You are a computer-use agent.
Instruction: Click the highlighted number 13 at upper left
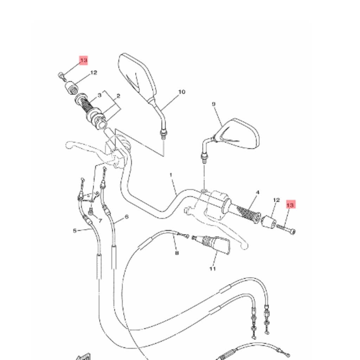pyautogui.click(x=83, y=61)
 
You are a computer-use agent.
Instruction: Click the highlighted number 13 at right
pyautogui.click(x=290, y=205)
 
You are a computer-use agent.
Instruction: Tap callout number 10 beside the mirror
pyautogui.click(x=181, y=92)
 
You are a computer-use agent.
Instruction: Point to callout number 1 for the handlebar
pyautogui.click(x=171, y=175)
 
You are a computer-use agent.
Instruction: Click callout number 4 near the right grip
pyautogui.click(x=258, y=193)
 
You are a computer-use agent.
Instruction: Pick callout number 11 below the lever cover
pyautogui.click(x=212, y=269)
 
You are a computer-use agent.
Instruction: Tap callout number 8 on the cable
pyautogui.click(x=176, y=253)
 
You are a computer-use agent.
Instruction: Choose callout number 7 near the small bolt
pyautogui.click(x=100, y=221)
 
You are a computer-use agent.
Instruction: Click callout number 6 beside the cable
pyautogui.click(x=127, y=217)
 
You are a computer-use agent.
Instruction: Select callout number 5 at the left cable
pyautogui.click(x=75, y=231)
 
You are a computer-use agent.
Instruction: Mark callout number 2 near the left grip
pyautogui.click(x=118, y=96)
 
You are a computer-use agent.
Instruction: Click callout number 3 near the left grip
pyautogui.click(x=99, y=95)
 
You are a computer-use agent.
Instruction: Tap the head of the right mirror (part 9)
pyautogui.click(x=239, y=134)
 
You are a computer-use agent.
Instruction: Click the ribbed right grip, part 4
pyautogui.click(x=248, y=212)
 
